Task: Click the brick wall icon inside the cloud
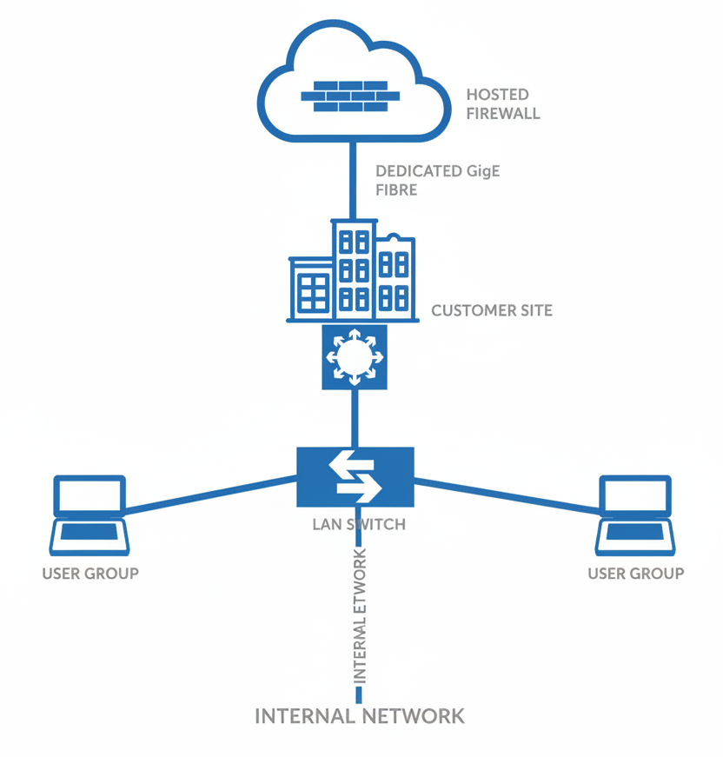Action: click(x=350, y=96)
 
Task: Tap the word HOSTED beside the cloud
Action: click(x=497, y=95)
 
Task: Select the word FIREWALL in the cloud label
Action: click(x=503, y=114)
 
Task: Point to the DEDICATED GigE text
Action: click(x=437, y=171)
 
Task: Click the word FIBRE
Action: click(x=396, y=189)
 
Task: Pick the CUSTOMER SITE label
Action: click(x=491, y=310)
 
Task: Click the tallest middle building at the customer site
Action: click(x=354, y=269)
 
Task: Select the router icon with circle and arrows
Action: click(x=354, y=356)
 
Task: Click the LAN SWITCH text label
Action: click(x=358, y=525)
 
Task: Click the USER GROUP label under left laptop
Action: click(x=90, y=574)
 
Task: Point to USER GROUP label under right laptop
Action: click(x=635, y=574)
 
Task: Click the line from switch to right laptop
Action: click(x=508, y=494)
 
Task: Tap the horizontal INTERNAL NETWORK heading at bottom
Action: click(x=359, y=716)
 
